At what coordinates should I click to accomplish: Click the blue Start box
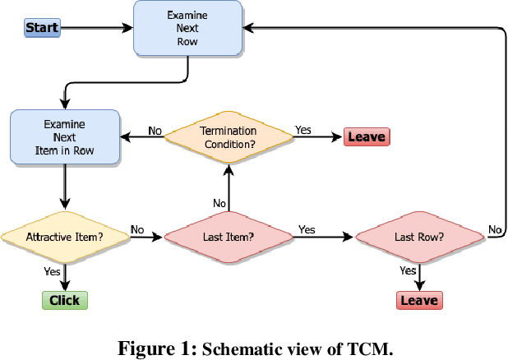[41, 28]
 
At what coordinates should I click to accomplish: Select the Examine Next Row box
[188, 28]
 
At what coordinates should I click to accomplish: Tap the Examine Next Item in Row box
[63, 137]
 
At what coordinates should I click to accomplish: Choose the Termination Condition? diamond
[229, 137]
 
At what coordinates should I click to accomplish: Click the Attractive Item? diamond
[64, 238]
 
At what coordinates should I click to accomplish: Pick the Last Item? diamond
[229, 238]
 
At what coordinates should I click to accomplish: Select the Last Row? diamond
[419, 238]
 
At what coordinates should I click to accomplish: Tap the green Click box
[64, 300]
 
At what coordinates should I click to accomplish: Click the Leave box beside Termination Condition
[367, 137]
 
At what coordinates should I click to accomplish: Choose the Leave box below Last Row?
[419, 300]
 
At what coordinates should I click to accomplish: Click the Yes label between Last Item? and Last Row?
[307, 229]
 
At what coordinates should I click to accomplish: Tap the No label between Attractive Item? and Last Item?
[137, 229]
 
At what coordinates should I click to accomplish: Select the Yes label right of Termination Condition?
[302, 129]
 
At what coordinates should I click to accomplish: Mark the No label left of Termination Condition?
[155, 129]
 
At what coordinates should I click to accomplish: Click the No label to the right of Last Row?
[495, 228]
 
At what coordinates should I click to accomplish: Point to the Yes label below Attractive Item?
[52, 270]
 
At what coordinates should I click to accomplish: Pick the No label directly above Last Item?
[219, 203]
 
